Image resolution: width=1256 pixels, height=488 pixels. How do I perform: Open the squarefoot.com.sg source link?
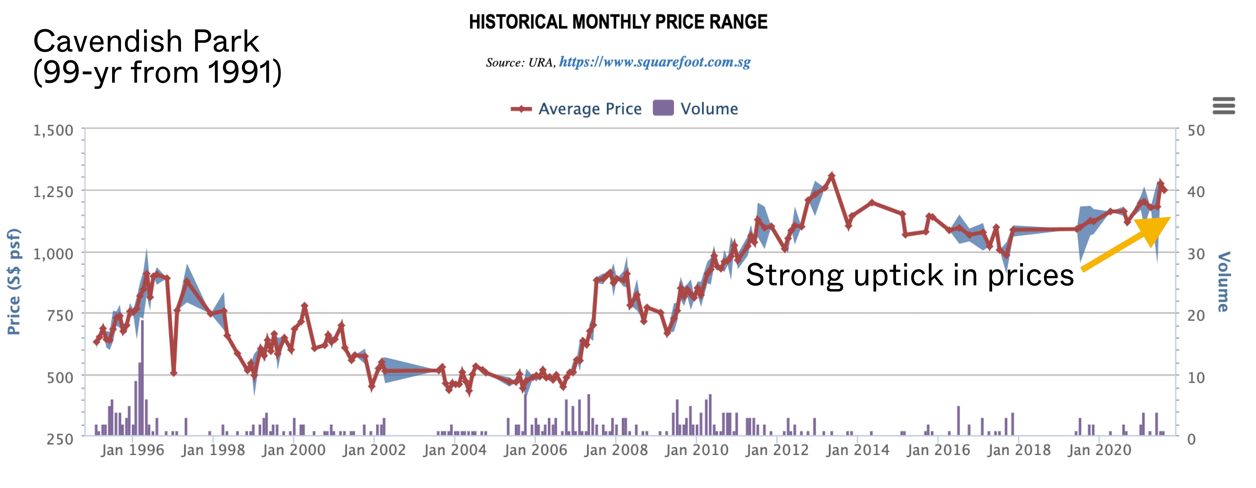[x=654, y=62]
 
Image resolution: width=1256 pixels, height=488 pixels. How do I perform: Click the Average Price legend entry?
[x=576, y=109]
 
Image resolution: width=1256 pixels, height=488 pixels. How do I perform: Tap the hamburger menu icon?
[x=1224, y=105]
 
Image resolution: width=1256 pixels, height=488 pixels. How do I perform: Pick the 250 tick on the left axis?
[x=59, y=439]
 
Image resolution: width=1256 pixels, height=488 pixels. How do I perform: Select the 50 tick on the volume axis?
[x=1196, y=130]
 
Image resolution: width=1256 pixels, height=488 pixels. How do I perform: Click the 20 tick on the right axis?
[x=1196, y=315]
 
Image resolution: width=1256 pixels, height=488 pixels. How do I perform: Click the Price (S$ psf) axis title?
[x=14, y=282]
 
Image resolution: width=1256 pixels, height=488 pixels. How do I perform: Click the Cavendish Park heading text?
[x=146, y=41]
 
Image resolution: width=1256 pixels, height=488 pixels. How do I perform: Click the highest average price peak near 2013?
[x=832, y=176]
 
